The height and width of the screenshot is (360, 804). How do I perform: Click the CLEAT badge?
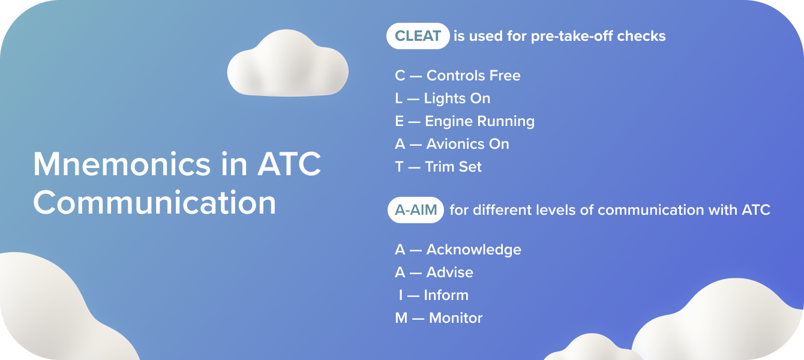418,36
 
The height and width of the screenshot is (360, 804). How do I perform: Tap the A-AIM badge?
415,211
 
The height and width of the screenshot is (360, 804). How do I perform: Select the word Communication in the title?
154,203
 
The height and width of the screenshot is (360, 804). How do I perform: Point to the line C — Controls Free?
457,76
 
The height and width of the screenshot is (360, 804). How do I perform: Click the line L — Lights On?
442,98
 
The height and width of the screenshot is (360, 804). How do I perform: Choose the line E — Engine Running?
464,121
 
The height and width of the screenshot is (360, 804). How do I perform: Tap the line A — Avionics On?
452,144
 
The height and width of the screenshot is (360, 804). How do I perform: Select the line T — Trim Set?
438,167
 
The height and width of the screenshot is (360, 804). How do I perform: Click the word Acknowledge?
473,250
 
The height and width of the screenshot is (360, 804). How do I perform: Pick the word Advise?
449,272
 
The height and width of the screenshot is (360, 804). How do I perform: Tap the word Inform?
446,295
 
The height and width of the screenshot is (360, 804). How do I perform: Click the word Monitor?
455,318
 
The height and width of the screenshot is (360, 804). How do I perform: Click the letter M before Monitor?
401,318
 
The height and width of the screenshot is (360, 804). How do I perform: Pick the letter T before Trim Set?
400,167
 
